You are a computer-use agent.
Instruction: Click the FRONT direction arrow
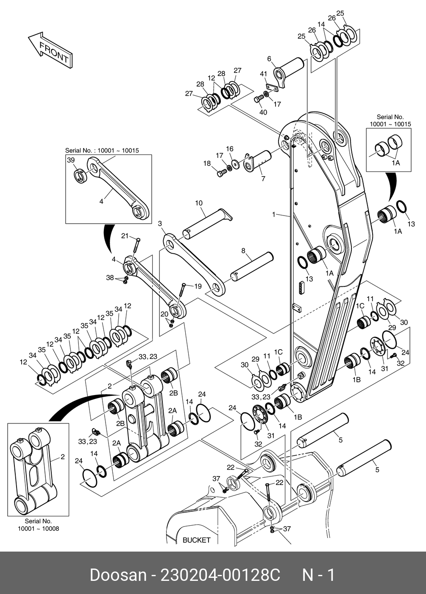[50, 50]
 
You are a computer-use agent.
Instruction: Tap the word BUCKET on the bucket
[197, 540]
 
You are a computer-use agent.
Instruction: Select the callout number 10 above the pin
[199, 203]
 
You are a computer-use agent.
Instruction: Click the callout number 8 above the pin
[243, 251]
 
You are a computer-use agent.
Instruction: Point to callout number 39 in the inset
[71, 160]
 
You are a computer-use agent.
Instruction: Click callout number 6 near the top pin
[269, 59]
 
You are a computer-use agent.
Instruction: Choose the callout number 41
[263, 74]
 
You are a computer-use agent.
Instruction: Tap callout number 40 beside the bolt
[263, 112]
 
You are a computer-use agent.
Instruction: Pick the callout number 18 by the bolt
[207, 163]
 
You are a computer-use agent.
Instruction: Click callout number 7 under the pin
[263, 179]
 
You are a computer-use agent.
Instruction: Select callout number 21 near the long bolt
[125, 236]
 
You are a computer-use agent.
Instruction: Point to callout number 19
[198, 286]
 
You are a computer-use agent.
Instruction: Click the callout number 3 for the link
[160, 224]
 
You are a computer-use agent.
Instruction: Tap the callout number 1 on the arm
[274, 214]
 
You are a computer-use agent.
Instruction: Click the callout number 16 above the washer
[230, 148]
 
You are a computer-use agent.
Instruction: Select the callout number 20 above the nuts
[164, 314]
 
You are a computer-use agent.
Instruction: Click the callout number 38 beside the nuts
[110, 277]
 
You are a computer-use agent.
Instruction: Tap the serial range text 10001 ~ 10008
[39, 529]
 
